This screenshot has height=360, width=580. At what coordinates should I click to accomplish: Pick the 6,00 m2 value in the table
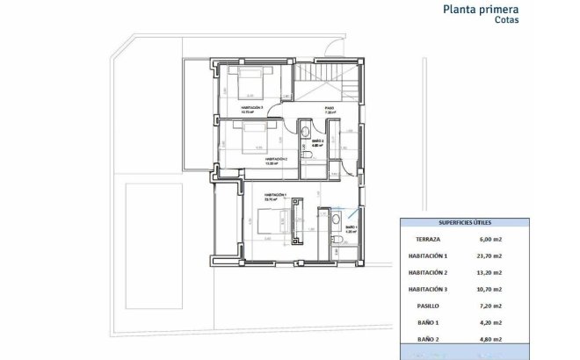click(490, 238)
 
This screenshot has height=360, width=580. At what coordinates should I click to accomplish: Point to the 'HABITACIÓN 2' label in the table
click(429, 272)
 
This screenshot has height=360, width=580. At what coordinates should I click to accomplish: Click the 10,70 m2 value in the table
click(489, 289)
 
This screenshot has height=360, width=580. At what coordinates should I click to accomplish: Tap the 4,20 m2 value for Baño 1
click(489, 322)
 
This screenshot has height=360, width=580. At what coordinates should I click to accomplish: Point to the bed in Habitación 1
click(267, 221)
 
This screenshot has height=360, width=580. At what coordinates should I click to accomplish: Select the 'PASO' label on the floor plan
click(330, 110)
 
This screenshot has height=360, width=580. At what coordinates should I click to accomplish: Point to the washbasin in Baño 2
click(304, 132)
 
